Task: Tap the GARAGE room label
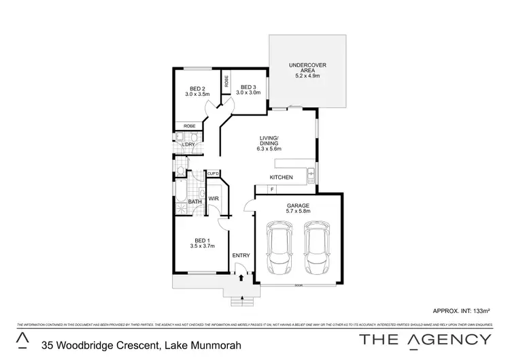(297, 205)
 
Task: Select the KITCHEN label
(281, 178)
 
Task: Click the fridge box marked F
(272, 189)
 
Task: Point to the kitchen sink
(310, 174)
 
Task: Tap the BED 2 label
(197, 88)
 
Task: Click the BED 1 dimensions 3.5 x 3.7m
(201, 246)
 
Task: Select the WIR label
(213, 199)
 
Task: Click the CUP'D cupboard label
(213, 175)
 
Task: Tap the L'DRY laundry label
(189, 144)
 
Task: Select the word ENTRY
(241, 256)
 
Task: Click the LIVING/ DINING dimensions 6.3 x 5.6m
(269, 148)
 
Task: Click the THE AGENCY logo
(426, 339)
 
